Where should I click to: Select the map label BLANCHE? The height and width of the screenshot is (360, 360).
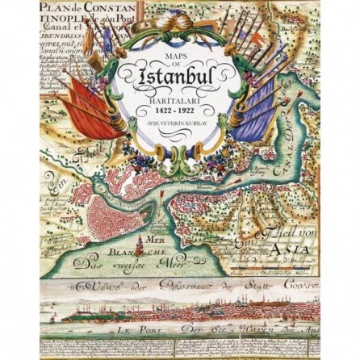click(114, 251)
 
